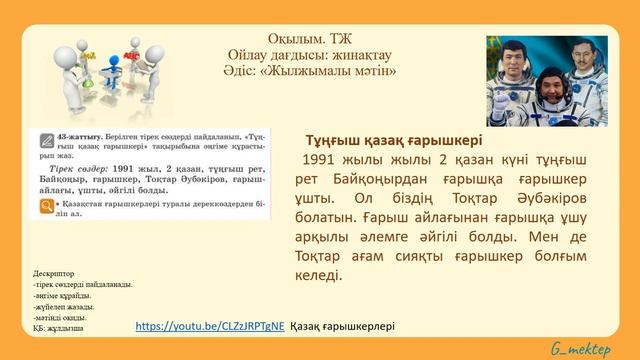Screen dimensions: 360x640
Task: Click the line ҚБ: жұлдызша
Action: (x=58, y=328)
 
